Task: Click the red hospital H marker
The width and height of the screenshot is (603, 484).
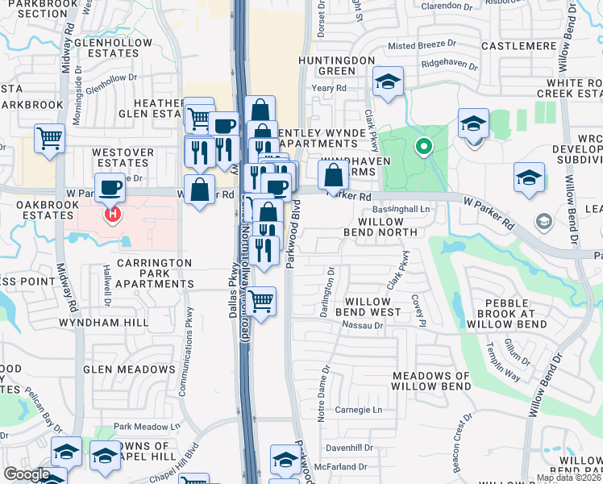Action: (113, 215)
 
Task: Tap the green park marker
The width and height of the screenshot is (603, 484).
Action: (421, 147)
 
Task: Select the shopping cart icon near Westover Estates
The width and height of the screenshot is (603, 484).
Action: (49, 138)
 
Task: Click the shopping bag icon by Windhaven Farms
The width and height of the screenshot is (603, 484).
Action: (332, 174)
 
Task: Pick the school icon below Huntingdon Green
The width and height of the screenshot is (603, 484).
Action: (388, 82)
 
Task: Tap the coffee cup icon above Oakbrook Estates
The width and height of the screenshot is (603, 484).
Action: (110, 188)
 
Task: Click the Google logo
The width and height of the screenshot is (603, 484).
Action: (26, 474)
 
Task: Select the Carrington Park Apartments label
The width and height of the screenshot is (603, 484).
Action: (154, 273)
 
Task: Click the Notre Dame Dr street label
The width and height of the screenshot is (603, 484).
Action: (326, 393)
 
